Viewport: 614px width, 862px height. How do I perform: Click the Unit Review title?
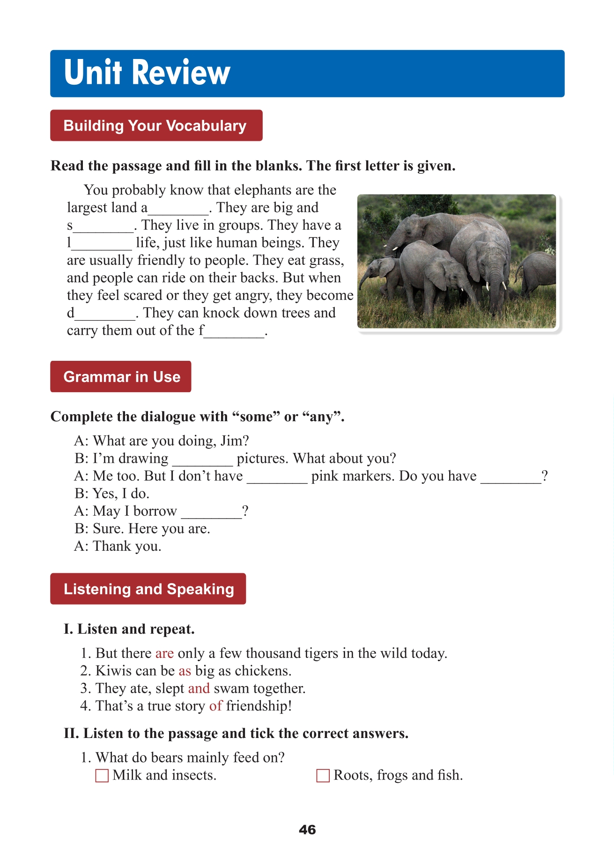coord(147,73)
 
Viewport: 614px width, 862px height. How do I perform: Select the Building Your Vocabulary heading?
coord(155,125)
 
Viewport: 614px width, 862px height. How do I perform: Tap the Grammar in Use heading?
coord(121,377)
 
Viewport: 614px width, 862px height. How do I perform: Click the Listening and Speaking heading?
coord(148,589)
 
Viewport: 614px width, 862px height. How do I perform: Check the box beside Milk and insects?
coord(102,775)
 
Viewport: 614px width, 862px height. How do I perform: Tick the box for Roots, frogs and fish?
coord(323,775)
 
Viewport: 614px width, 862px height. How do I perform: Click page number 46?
coord(307,830)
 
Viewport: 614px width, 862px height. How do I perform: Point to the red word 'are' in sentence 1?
coord(164,653)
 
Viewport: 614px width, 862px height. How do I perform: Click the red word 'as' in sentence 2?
coord(185,671)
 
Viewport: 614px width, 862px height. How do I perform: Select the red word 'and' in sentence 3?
coord(199,688)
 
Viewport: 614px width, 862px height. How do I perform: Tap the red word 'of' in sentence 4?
coord(215,706)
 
